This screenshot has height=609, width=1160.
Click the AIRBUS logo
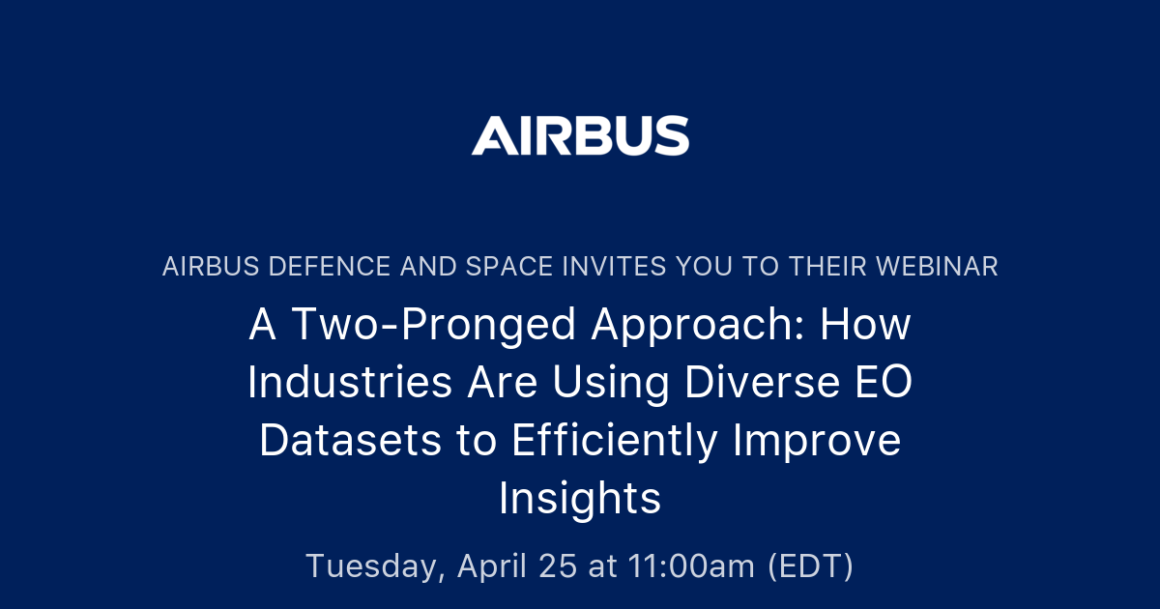[580, 136]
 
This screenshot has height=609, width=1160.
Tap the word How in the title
[865, 326]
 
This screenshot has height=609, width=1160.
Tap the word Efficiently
[615, 442]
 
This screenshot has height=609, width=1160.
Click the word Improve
[817, 442]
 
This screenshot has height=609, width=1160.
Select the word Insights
[580, 500]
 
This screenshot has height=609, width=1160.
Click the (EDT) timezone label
[810, 566]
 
